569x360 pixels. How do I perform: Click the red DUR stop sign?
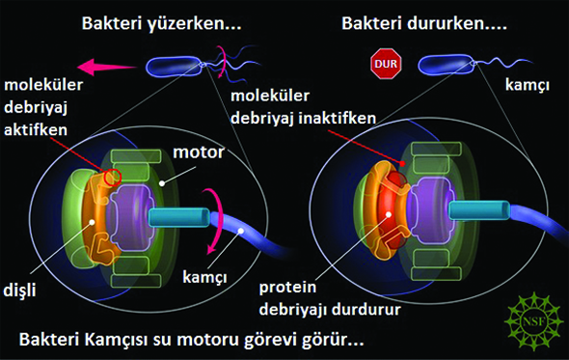[x=386, y=64]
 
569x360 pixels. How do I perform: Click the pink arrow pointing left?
[x=107, y=67]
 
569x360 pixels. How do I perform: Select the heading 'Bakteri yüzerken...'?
[x=161, y=23]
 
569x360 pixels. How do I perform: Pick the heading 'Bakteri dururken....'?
[x=424, y=23]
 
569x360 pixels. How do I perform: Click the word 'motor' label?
[x=199, y=152]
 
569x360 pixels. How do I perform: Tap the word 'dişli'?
[x=19, y=291]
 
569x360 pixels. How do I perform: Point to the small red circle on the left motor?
[x=112, y=178]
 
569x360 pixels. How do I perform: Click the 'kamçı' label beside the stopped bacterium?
[x=528, y=86]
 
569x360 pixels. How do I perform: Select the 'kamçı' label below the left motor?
[x=204, y=278]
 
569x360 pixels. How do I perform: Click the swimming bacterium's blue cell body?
[x=174, y=67]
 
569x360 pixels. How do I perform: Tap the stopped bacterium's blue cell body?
[x=446, y=66]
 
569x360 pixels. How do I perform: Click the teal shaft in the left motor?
[x=178, y=218]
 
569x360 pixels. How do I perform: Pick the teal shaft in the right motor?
[x=479, y=210]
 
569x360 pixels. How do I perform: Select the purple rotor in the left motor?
[x=132, y=216]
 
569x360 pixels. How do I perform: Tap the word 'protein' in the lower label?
[x=287, y=288]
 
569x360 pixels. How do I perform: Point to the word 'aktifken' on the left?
[x=36, y=129]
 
